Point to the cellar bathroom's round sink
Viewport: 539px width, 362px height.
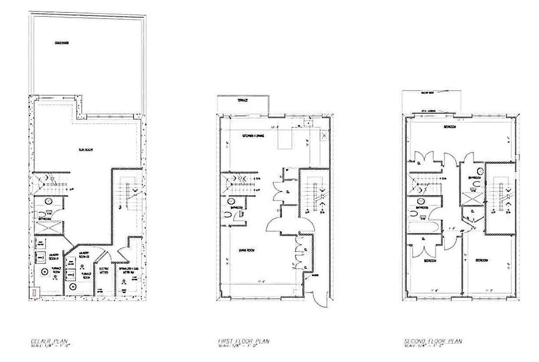pyautogui.click(x=48, y=201)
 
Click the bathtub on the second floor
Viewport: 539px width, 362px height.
pyautogui.click(x=423, y=226)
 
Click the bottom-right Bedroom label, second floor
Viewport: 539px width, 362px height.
pyautogui.click(x=481, y=261)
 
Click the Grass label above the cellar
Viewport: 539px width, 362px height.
pyautogui.click(x=62, y=43)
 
